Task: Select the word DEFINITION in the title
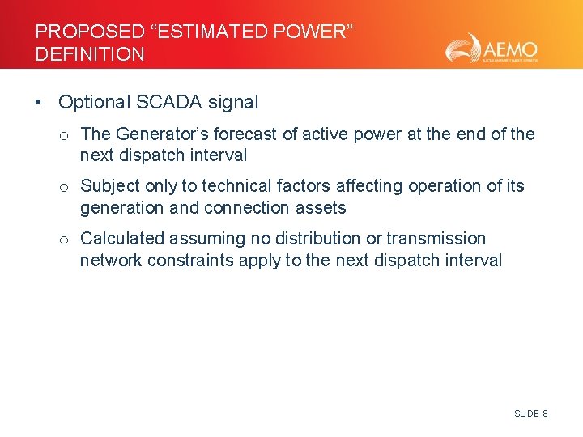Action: point(90,54)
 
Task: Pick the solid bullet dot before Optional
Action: point(39,103)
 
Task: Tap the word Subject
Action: point(109,186)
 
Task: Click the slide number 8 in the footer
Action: point(545,414)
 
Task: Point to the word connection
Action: point(246,208)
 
